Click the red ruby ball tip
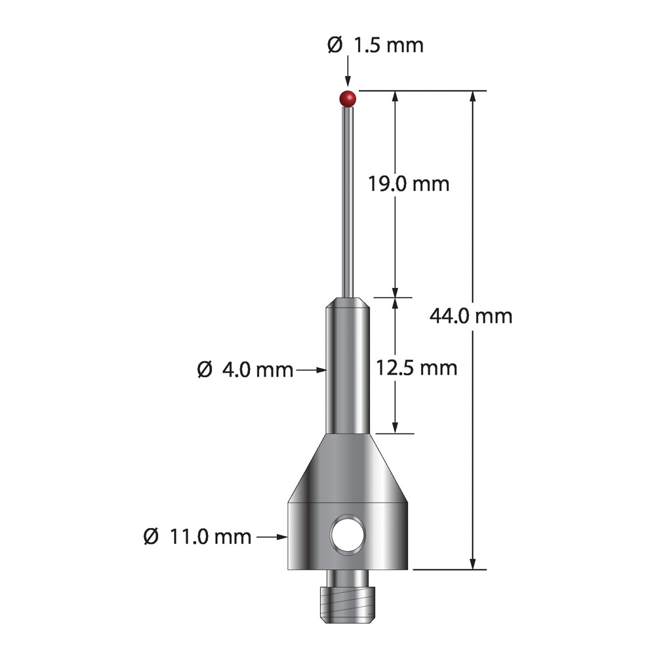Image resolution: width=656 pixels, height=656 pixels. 348,99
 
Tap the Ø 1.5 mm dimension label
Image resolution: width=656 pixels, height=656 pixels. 375,45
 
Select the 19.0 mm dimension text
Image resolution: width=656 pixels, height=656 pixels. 409,184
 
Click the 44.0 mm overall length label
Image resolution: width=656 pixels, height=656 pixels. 471,316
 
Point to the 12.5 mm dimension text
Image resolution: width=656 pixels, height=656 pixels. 417,368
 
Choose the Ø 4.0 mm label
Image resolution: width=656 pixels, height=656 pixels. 245,370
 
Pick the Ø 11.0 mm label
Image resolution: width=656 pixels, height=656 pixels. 197,537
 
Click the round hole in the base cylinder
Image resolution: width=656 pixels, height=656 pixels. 348,535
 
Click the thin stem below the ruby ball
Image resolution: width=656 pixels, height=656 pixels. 348,201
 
